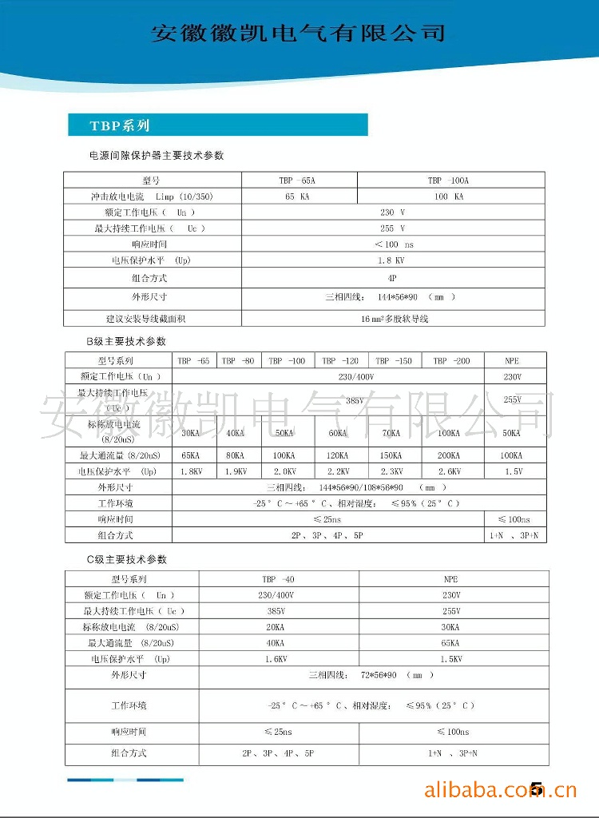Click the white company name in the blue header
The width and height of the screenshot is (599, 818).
tap(298, 33)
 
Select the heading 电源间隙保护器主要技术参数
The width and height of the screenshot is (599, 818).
tap(157, 155)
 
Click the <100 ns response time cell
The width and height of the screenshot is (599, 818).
tap(394, 244)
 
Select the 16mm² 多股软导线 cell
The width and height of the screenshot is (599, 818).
tap(395, 319)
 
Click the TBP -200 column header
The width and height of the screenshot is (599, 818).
tap(452, 361)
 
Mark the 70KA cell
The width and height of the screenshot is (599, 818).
tap(391, 433)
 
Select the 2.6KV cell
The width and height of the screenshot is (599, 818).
tap(452, 471)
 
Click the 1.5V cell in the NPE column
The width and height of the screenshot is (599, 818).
tap(516, 471)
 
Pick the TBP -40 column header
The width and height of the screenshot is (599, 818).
tap(278, 579)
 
